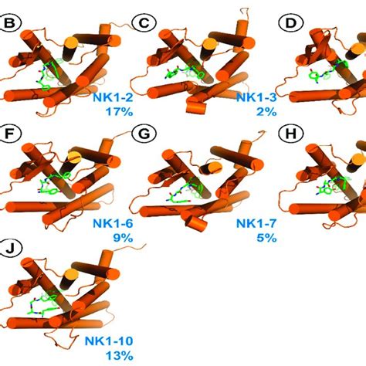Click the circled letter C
[x=144, y=23]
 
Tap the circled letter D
[x=291, y=23]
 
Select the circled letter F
[x=8, y=134]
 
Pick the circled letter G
[x=144, y=134]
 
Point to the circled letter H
[x=291, y=134]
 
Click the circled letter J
[x=10, y=249]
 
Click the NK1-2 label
[x=113, y=98]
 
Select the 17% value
[x=119, y=112]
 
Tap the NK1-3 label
[x=256, y=98]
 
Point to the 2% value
[x=266, y=112]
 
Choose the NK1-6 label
[x=113, y=223]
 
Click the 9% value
[x=123, y=238]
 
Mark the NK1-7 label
[x=256, y=223]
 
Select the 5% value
[x=266, y=238]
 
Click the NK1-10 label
[x=109, y=341]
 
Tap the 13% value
[x=120, y=356]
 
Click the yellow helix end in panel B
[x=71, y=42]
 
